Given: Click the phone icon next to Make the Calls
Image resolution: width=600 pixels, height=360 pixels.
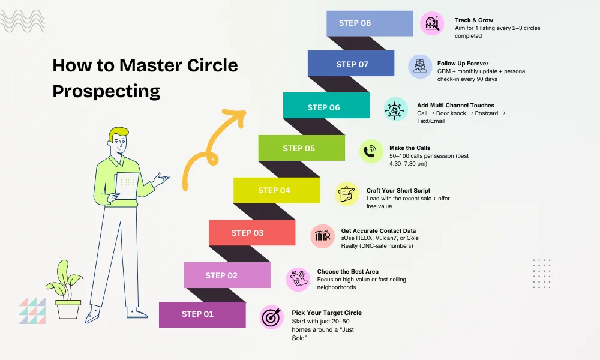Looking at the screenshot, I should point(371,151).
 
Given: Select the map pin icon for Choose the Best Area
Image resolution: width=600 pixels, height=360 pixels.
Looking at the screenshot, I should point(298,279).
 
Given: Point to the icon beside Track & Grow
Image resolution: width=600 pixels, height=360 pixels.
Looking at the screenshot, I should point(432,23).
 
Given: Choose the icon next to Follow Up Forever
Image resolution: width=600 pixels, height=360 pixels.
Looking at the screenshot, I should point(420,67).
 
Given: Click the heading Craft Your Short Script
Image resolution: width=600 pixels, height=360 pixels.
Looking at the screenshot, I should point(398,191).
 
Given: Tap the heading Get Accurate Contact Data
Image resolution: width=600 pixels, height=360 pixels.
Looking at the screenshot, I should point(378,230).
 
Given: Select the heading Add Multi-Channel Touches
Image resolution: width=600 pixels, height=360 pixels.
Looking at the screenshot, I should point(455,106).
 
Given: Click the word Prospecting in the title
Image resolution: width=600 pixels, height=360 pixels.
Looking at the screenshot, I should point(106,91).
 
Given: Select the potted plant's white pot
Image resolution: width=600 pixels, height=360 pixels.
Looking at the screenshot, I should point(68,309).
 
